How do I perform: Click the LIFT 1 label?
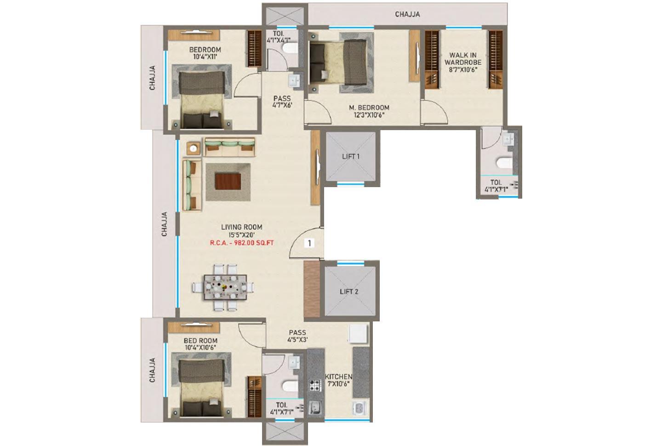pyautogui.click(x=350, y=156)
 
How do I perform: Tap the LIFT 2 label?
pyautogui.click(x=349, y=292)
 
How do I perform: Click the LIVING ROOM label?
pyautogui.click(x=241, y=227)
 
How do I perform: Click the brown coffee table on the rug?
pyautogui.click(x=228, y=182)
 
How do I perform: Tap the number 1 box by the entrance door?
pyautogui.click(x=310, y=243)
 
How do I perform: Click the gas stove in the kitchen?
pyautogui.click(x=315, y=385)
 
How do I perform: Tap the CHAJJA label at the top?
pyautogui.click(x=407, y=14)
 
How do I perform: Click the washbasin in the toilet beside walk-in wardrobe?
pyautogui.click(x=508, y=139)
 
